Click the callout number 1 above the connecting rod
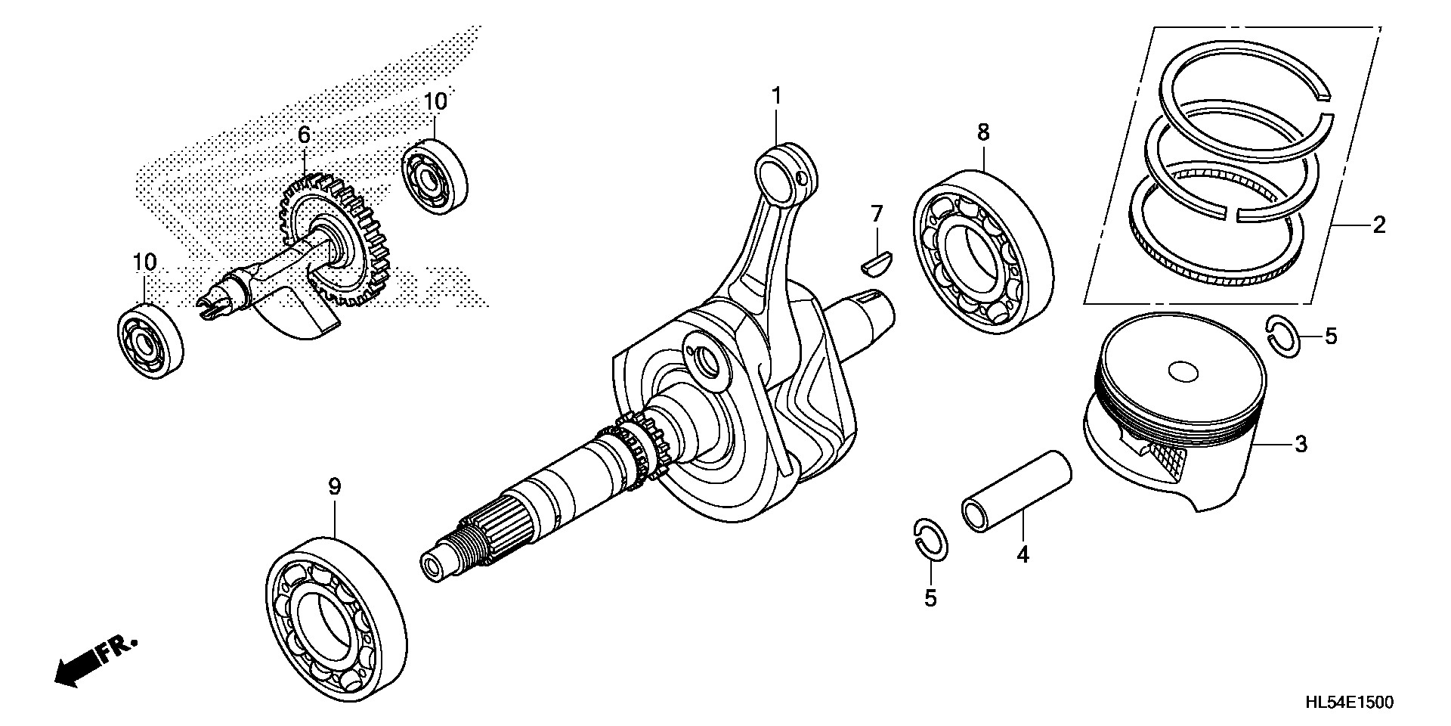click(775, 96)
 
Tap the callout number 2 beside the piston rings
click(1379, 225)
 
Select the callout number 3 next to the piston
click(1301, 444)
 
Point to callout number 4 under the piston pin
click(1023, 554)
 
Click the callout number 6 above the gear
click(304, 135)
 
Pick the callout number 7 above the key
click(877, 214)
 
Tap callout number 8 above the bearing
click(982, 132)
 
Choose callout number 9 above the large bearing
click(335, 486)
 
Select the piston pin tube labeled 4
click(1016, 492)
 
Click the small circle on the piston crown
click(1183, 371)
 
